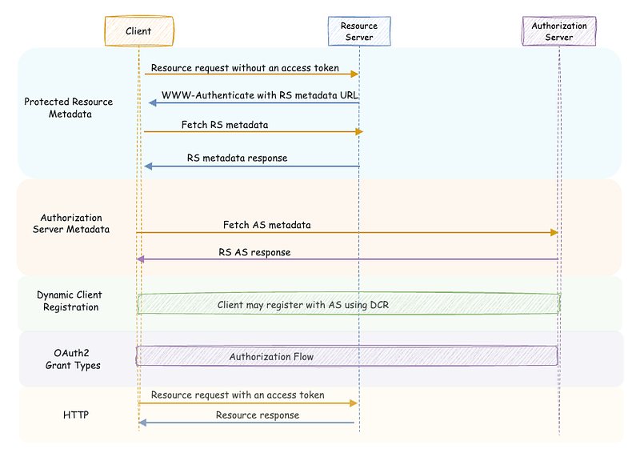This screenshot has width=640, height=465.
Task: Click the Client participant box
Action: (x=139, y=31)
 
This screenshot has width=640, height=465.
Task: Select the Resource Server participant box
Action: (x=359, y=31)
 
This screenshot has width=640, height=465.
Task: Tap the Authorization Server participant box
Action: (x=559, y=31)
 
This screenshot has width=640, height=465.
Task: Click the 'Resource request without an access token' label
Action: (x=245, y=68)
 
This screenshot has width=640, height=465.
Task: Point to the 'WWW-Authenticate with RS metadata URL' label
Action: (x=259, y=95)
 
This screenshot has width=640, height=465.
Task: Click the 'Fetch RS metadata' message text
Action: (x=225, y=125)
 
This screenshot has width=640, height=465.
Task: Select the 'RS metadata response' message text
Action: (x=237, y=158)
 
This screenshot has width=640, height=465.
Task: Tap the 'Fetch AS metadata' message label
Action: (x=267, y=225)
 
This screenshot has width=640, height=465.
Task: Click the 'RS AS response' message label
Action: (x=254, y=252)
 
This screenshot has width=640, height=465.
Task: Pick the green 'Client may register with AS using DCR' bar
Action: (x=349, y=304)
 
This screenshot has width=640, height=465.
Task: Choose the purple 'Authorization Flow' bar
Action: (x=347, y=355)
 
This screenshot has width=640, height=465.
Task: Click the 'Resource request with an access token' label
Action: (x=238, y=395)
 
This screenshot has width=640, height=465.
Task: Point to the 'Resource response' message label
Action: (x=258, y=415)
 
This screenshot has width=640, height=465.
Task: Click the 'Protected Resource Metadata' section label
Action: (x=69, y=108)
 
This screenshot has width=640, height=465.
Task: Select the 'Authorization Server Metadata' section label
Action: (x=71, y=223)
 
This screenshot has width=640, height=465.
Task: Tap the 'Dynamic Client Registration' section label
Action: (x=70, y=301)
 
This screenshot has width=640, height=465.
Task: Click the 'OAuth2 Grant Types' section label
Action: (x=73, y=359)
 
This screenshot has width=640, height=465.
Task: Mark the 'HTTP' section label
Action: (x=76, y=415)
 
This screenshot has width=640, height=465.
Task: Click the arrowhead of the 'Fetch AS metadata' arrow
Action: (x=554, y=232)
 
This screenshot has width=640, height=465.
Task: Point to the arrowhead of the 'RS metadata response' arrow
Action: (x=148, y=166)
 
